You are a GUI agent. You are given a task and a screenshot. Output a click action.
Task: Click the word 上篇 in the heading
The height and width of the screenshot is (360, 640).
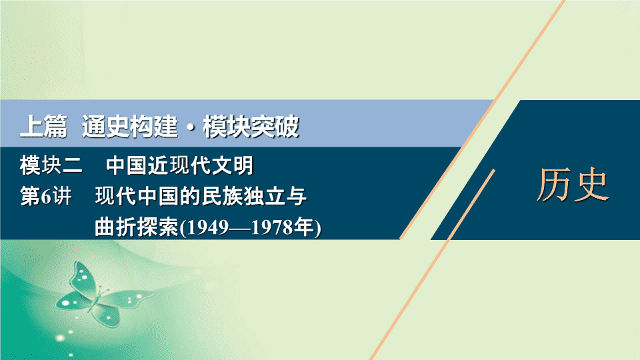click(x=44, y=127)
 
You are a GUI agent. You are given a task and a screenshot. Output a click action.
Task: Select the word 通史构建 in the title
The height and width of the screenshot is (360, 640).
click(x=130, y=127)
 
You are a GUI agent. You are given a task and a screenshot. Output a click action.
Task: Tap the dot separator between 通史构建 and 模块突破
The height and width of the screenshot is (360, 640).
click(x=190, y=127)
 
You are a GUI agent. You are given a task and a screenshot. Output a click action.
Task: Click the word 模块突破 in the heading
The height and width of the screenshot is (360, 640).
click(x=251, y=127)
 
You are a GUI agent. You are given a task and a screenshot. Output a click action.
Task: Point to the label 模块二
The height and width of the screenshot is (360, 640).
click(x=51, y=166)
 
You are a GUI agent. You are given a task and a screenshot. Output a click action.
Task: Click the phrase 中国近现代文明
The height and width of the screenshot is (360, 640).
click(x=180, y=166)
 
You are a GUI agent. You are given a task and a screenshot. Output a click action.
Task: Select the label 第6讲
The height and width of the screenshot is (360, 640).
click(x=46, y=197)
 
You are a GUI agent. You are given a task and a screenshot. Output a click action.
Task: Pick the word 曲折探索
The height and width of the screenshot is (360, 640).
click(x=137, y=227)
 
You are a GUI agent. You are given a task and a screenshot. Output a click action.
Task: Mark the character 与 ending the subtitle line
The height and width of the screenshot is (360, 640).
click(x=296, y=197)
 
